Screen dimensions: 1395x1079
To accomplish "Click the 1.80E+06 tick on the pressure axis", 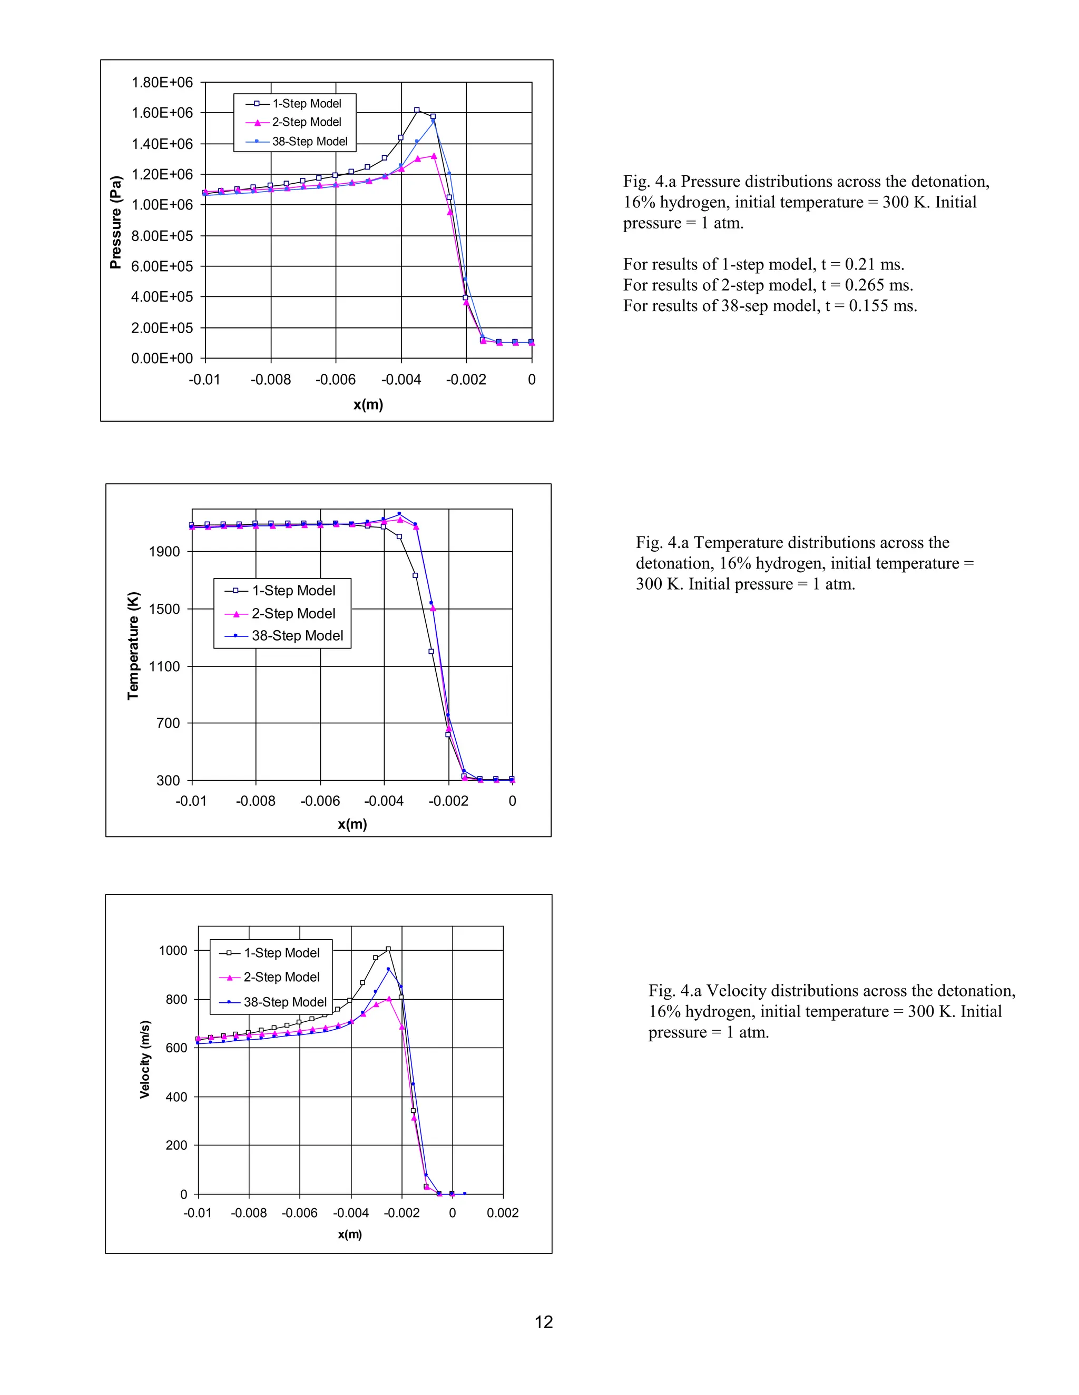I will (x=162, y=83).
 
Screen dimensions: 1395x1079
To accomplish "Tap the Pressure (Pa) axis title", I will (x=116, y=222).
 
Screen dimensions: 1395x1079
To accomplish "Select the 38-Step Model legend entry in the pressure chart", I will (x=309, y=141).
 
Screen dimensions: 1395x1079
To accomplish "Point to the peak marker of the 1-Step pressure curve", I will (x=417, y=110).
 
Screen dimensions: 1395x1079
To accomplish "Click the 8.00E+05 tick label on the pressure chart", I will (x=162, y=236).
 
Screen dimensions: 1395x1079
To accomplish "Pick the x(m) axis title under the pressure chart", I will (x=368, y=404).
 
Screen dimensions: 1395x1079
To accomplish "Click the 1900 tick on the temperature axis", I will (x=164, y=552).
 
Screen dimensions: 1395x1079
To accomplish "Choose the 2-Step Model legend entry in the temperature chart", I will (x=293, y=613).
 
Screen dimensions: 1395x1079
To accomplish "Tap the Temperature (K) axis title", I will (x=133, y=646).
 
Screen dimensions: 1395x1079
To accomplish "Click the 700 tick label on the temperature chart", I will (x=168, y=723).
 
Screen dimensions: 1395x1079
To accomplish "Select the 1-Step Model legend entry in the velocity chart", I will (x=281, y=953).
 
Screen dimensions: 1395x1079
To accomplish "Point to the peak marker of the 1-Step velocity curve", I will (x=388, y=949).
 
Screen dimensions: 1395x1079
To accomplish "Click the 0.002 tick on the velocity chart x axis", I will (x=503, y=1213).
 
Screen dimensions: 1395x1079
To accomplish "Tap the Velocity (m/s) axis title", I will (x=145, y=1060).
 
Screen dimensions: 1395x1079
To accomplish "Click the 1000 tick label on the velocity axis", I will (x=173, y=950).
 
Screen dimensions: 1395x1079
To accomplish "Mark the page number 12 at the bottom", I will (x=543, y=1322).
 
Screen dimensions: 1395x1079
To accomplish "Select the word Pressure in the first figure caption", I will (x=710, y=182).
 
